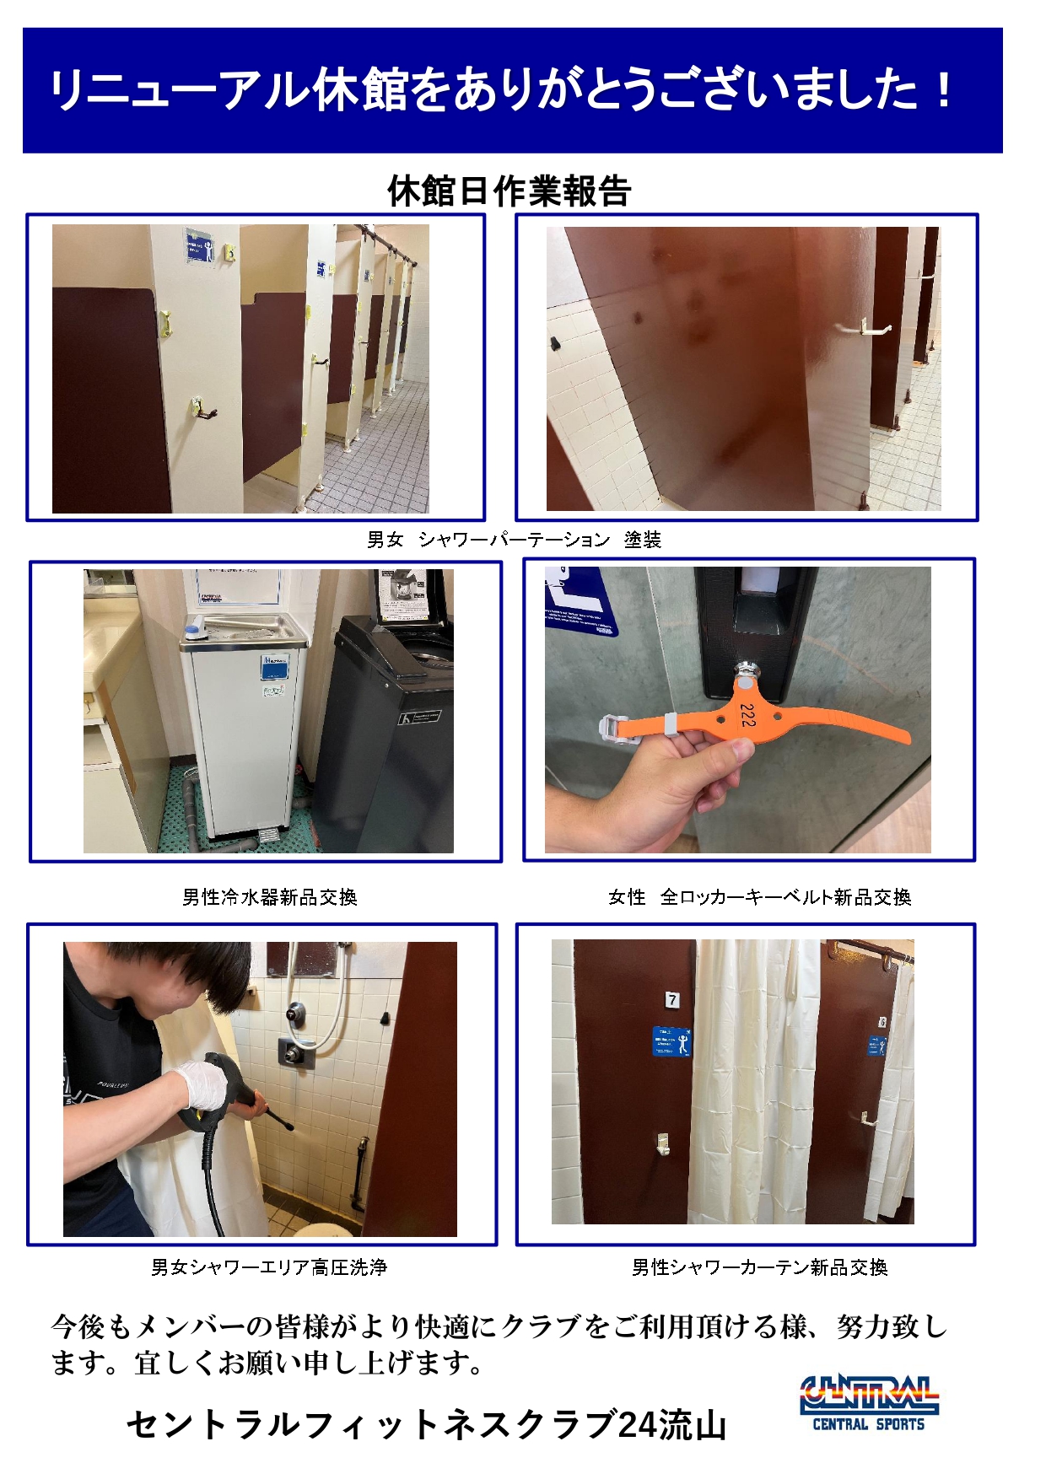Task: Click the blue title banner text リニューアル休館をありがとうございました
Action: [x=501, y=90]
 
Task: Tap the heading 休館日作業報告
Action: [x=509, y=191]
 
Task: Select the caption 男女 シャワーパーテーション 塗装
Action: [x=514, y=540]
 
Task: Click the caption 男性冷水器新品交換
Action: [x=270, y=897]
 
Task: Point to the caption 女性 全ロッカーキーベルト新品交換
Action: [x=759, y=897]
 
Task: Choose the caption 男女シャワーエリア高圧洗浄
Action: [x=268, y=1267]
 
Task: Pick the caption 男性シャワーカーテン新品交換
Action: [x=759, y=1267]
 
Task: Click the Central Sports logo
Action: [x=869, y=1404]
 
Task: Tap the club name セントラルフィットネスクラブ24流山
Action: [x=426, y=1425]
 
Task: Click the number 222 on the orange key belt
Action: [x=747, y=715]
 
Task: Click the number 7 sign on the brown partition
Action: [x=672, y=1000]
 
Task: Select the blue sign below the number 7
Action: [x=672, y=1042]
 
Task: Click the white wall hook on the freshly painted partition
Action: [x=865, y=326]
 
